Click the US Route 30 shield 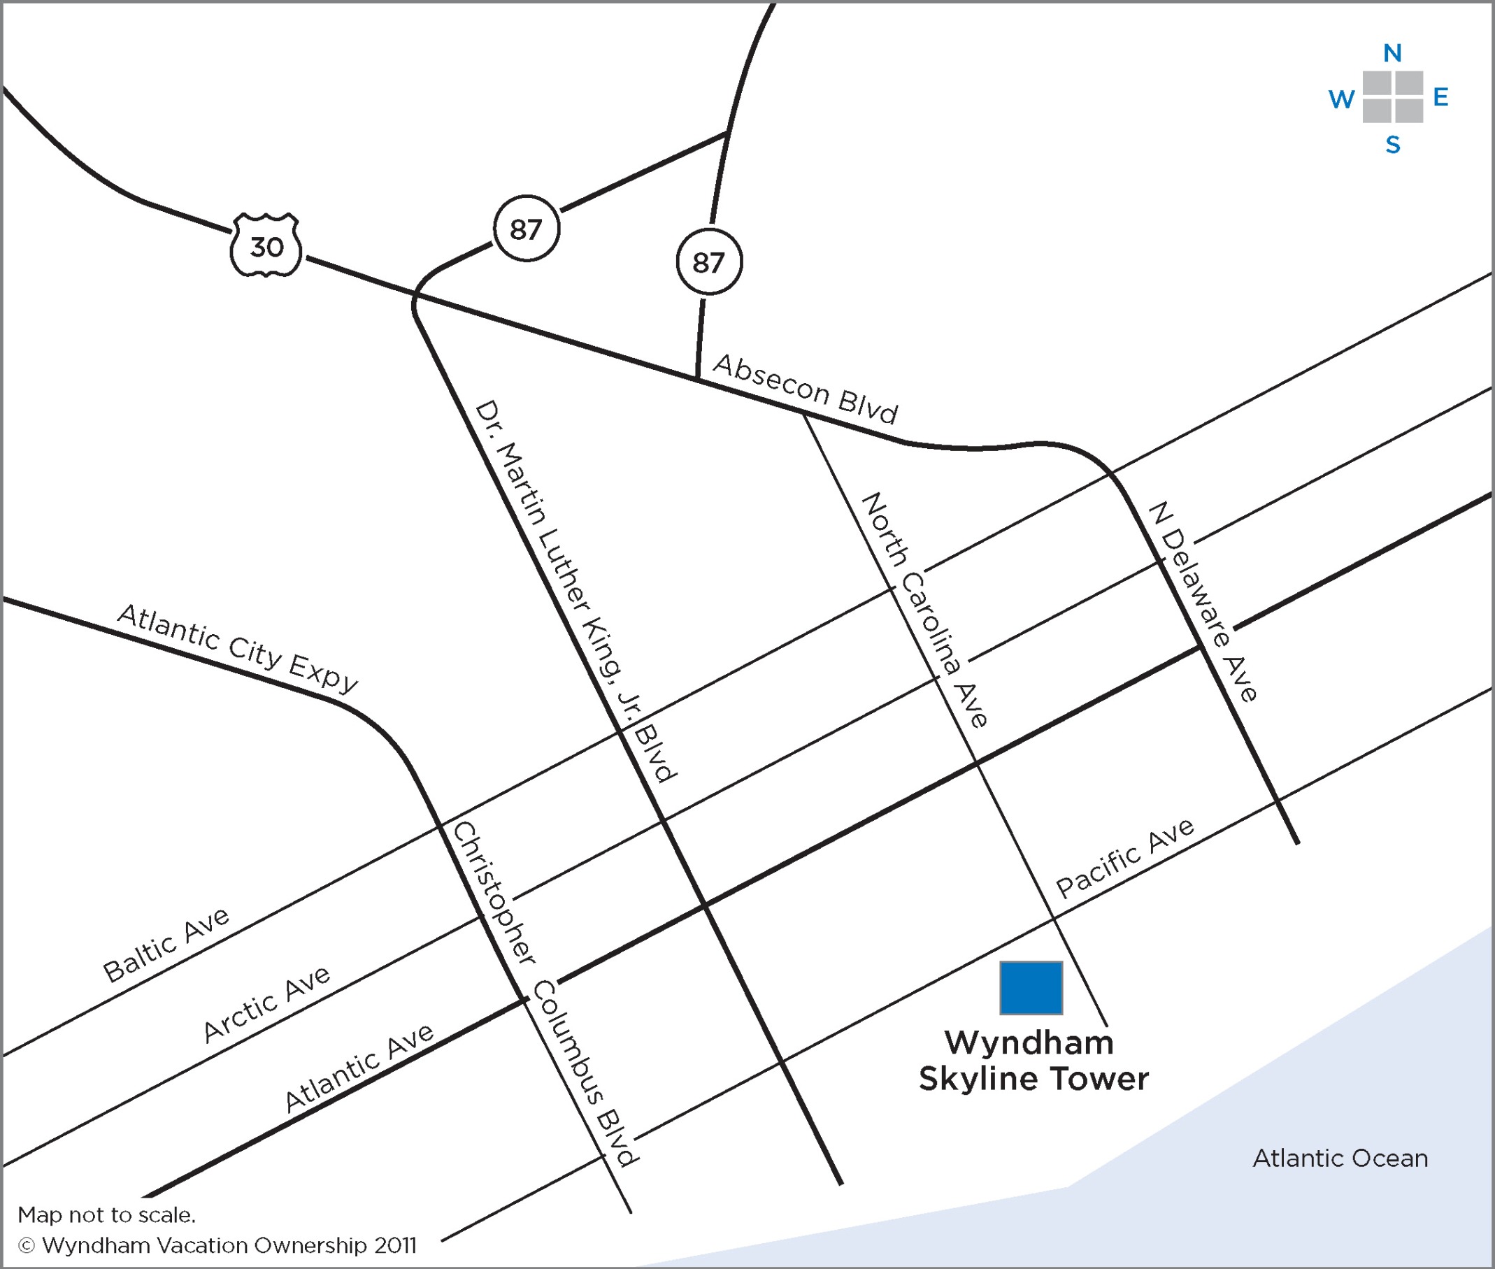click(266, 245)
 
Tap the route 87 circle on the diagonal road click(526, 228)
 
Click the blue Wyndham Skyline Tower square click(1030, 988)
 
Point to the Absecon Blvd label click(805, 389)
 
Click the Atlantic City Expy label click(238, 647)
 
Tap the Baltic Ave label click(166, 944)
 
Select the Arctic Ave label click(266, 1004)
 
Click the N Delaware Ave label click(1202, 601)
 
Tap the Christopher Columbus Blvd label click(544, 993)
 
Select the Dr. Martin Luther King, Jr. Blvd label click(575, 590)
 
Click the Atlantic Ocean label click(1340, 1159)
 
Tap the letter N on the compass click(1392, 52)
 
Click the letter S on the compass click(1393, 145)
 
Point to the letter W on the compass click(1341, 99)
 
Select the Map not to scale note click(106, 1215)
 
